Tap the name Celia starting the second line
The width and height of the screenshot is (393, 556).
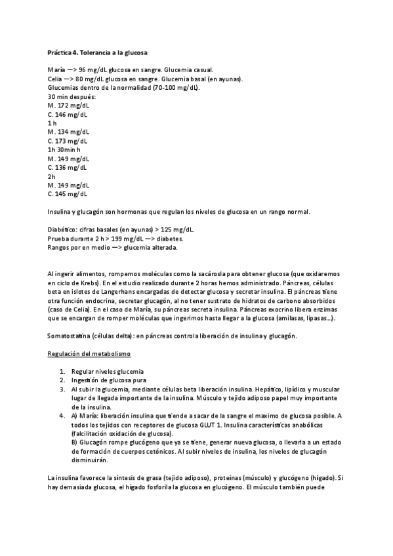click(56, 79)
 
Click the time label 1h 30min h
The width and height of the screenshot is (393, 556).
click(64, 149)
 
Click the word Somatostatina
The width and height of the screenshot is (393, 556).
click(70, 336)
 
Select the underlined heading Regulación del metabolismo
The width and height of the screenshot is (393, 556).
click(89, 354)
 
